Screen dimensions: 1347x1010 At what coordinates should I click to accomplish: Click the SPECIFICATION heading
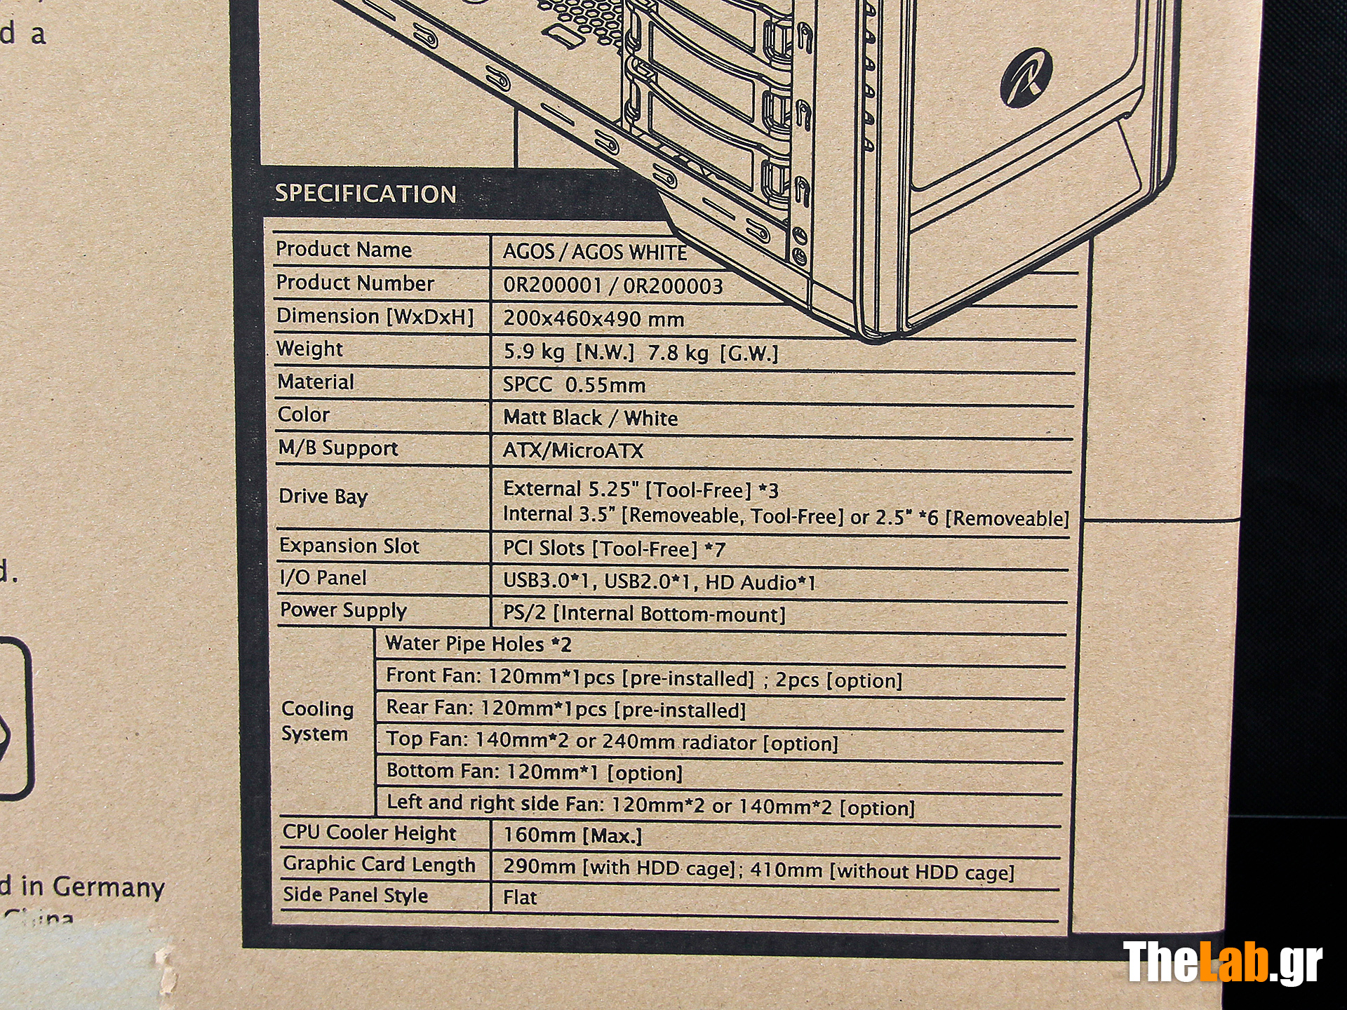pyautogui.click(x=366, y=194)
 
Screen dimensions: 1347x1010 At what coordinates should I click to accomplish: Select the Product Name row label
pyautogui.click(x=344, y=249)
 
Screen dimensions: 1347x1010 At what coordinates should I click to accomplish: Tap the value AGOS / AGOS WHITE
pyautogui.click(x=595, y=252)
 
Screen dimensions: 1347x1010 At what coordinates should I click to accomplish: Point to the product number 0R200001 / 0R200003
pyautogui.click(x=613, y=285)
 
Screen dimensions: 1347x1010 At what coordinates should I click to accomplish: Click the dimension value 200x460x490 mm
pyautogui.click(x=594, y=319)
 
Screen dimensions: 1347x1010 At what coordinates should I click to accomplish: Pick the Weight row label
pyautogui.click(x=309, y=349)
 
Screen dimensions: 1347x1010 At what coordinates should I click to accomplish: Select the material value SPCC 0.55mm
pyautogui.click(x=574, y=384)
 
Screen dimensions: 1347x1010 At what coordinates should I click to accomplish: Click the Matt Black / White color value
pyautogui.click(x=591, y=417)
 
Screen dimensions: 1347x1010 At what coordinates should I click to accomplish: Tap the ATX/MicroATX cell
pyautogui.click(x=573, y=450)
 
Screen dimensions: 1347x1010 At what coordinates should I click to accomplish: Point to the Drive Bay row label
pyautogui.click(x=323, y=497)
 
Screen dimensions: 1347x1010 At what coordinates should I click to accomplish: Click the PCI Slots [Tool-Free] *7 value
pyautogui.click(x=614, y=548)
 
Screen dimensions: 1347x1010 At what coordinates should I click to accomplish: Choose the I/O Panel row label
pyautogui.click(x=323, y=578)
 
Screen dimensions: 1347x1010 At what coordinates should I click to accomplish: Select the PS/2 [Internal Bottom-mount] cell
pyautogui.click(x=644, y=614)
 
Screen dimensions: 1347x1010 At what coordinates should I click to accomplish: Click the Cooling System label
pyautogui.click(x=317, y=721)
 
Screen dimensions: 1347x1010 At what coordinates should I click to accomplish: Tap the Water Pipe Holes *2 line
pyautogui.click(x=478, y=644)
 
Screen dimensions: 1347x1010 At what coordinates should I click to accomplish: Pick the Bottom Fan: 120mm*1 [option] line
pyautogui.click(x=535, y=772)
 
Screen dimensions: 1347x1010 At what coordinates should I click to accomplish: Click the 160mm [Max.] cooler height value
pyautogui.click(x=572, y=835)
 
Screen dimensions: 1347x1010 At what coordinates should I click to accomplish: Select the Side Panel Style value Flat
pyautogui.click(x=520, y=897)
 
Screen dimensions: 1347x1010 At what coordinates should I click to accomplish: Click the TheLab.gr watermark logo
pyautogui.click(x=1223, y=963)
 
